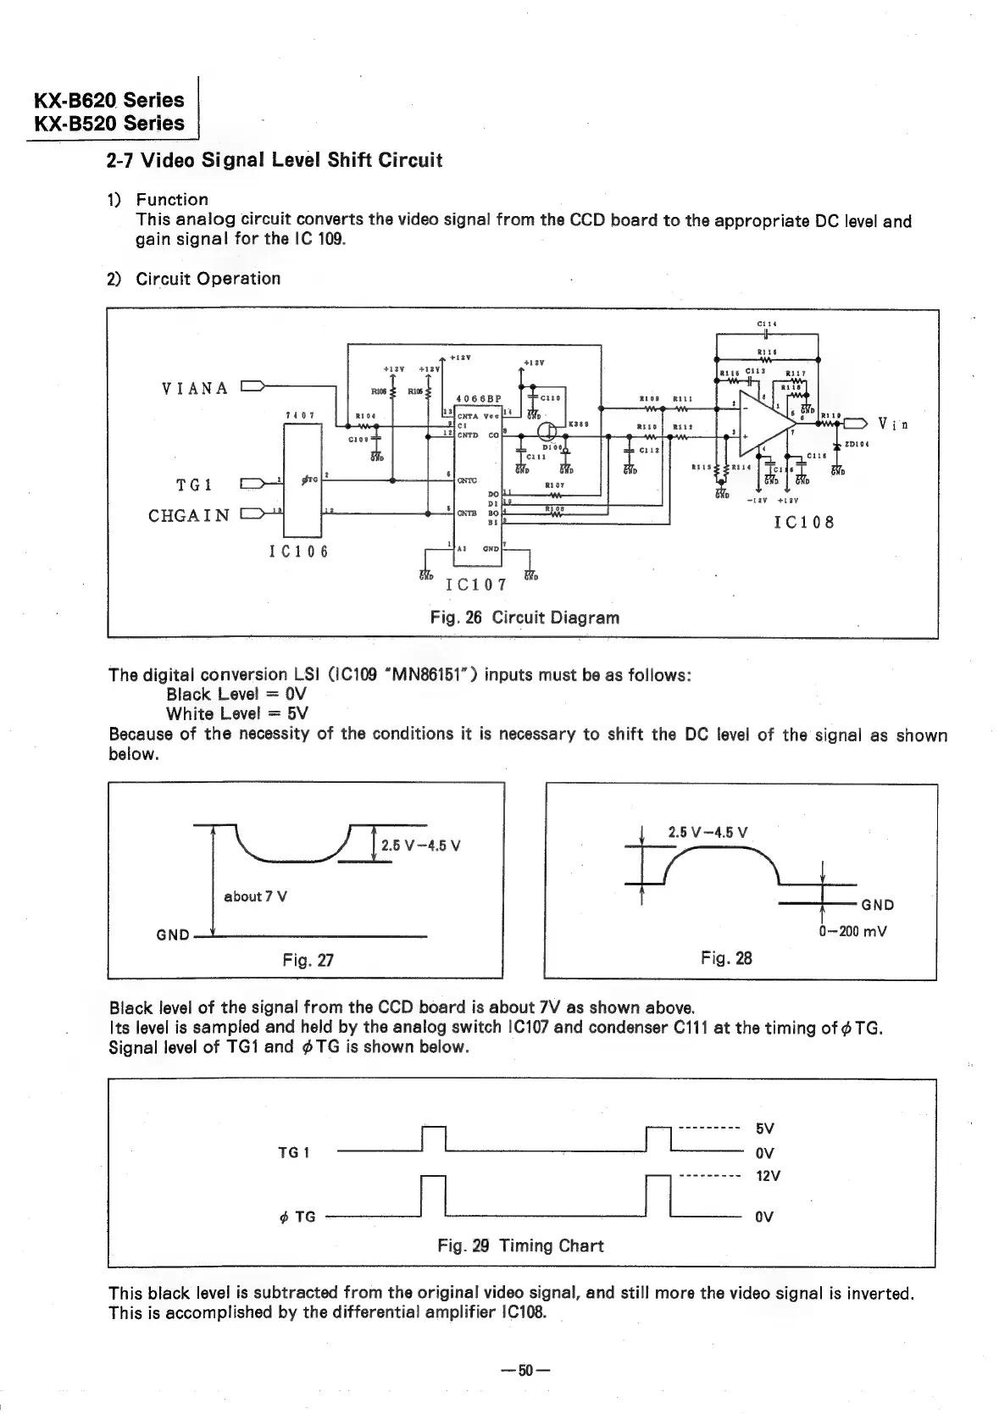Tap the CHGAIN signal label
click(x=188, y=515)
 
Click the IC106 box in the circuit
click(x=302, y=480)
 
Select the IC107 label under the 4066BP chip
click(x=475, y=585)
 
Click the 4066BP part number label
click(x=479, y=399)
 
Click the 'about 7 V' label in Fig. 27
click(x=255, y=896)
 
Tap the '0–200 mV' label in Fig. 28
click(x=852, y=932)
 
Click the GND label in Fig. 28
click(x=878, y=905)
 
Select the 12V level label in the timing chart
click(x=768, y=1176)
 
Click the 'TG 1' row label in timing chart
click(x=294, y=1152)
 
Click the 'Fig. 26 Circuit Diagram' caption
click(x=524, y=617)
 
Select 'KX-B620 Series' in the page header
click(x=108, y=99)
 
